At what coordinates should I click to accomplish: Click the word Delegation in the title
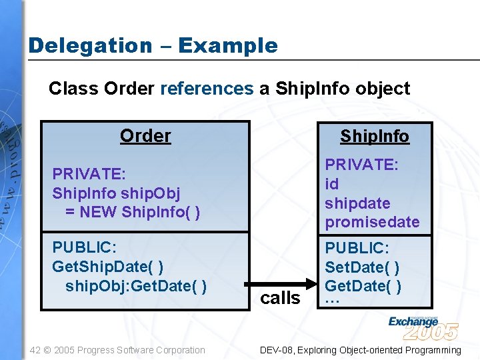click(x=90, y=46)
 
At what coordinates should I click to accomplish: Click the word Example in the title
click(x=228, y=46)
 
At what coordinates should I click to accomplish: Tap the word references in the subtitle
click(x=207, y=89)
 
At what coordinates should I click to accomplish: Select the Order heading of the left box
click(x=145, y=136)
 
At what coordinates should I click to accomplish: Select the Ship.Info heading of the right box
click(x=375, y=137)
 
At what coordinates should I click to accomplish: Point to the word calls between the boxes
click(x=280, y=298)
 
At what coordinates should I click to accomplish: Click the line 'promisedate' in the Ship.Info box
click(x=372, y=222)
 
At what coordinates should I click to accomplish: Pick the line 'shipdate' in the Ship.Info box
click(x=357, y=203)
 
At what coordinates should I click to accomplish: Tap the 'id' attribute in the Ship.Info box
click(x=331, y=184)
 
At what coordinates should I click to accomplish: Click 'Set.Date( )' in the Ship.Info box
click(x=362, y=267)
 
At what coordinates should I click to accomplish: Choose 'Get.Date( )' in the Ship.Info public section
click(x=363, y=287)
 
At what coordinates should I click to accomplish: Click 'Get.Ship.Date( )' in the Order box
click(x=108, y=267)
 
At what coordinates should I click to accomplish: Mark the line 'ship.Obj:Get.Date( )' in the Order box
click(x=136, y=286)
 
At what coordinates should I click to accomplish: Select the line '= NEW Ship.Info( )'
click(x=133, y=213)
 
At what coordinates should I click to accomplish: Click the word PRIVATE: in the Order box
click(x=89, y=174)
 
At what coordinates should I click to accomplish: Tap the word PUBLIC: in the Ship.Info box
click(x=357, y=248)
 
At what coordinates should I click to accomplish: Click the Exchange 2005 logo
click(x=423, y=327)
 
